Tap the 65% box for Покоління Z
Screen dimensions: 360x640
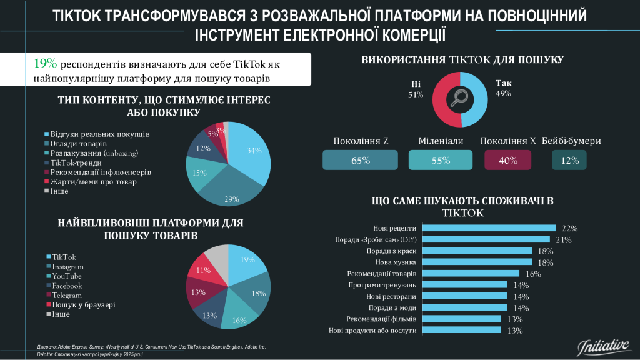click(x=361, y=161)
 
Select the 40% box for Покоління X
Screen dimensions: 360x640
click(x=508, y=161)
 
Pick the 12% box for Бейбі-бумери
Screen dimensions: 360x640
click(x=569, y=161)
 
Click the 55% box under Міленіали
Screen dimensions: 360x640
click(x=441, y=161)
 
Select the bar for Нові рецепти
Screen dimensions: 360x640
click(x=489, y=228)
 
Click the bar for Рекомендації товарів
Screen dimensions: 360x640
click(x=471, y=273)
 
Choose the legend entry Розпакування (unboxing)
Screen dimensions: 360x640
click(x=94, y=153)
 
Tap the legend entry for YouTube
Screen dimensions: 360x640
click(x=67, y=276)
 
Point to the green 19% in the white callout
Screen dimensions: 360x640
click(x=46, y=64)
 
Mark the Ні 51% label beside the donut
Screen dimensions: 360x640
click(x=416, y=89)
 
